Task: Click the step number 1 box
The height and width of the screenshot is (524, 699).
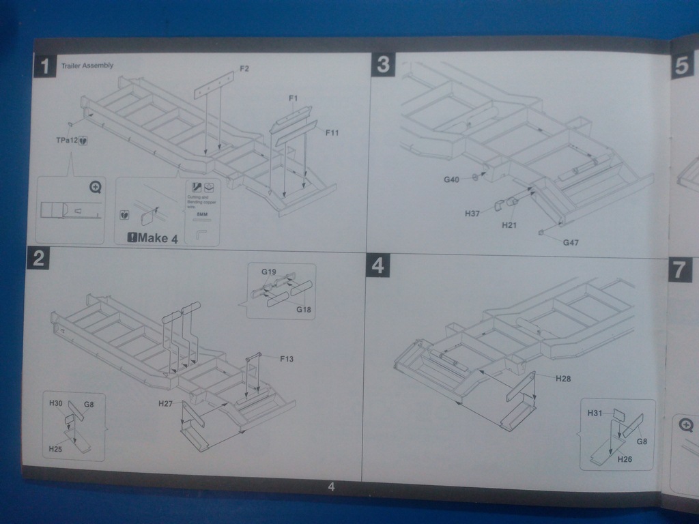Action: pyautogui.click(x=44, y=67)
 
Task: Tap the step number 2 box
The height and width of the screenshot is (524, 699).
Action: pyautogui.click(x=38, y=258)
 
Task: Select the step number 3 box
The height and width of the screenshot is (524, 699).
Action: pyautogui.click(x=383, y=65)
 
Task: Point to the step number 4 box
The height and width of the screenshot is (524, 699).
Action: pyautogui.click(x=377, y=265)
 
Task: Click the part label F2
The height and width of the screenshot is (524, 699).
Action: pyautogui.click(x=244, y=68)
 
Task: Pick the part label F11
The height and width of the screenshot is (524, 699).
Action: pyautogui.click(x=332, y=132)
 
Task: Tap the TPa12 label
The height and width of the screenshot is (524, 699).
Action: pyautogui.click(x=66, y=140)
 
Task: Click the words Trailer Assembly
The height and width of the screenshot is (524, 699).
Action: pyautogui.click(x=87, y=65)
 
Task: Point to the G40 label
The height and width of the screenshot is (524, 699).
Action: pyautogui.click(x=451, y=179)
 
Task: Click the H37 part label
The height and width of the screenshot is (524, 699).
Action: pyautogui.click(x=472, y=214)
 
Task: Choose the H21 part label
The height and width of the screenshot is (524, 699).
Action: pyautogui.click(x=509, y=224)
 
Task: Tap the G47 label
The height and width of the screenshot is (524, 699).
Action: pyautogui.click(x=571, y=242)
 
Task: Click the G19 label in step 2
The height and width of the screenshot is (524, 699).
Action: pyautogui.click(x=268, y=272)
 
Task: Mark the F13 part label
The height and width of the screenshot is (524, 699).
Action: pyautogui.click(x=287, y=358)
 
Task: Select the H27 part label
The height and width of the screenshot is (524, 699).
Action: pyautogui.click(x=165, y=403)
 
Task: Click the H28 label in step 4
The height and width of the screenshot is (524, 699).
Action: pyautogui.click(x=562, y=378)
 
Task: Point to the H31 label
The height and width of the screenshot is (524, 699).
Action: pyautogui.click(x=595, y=413)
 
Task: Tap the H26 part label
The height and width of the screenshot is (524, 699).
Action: pyautogui.click(x=625, y=459)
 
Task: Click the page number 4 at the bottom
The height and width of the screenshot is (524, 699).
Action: pyautogui.click(x=331, y=487)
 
